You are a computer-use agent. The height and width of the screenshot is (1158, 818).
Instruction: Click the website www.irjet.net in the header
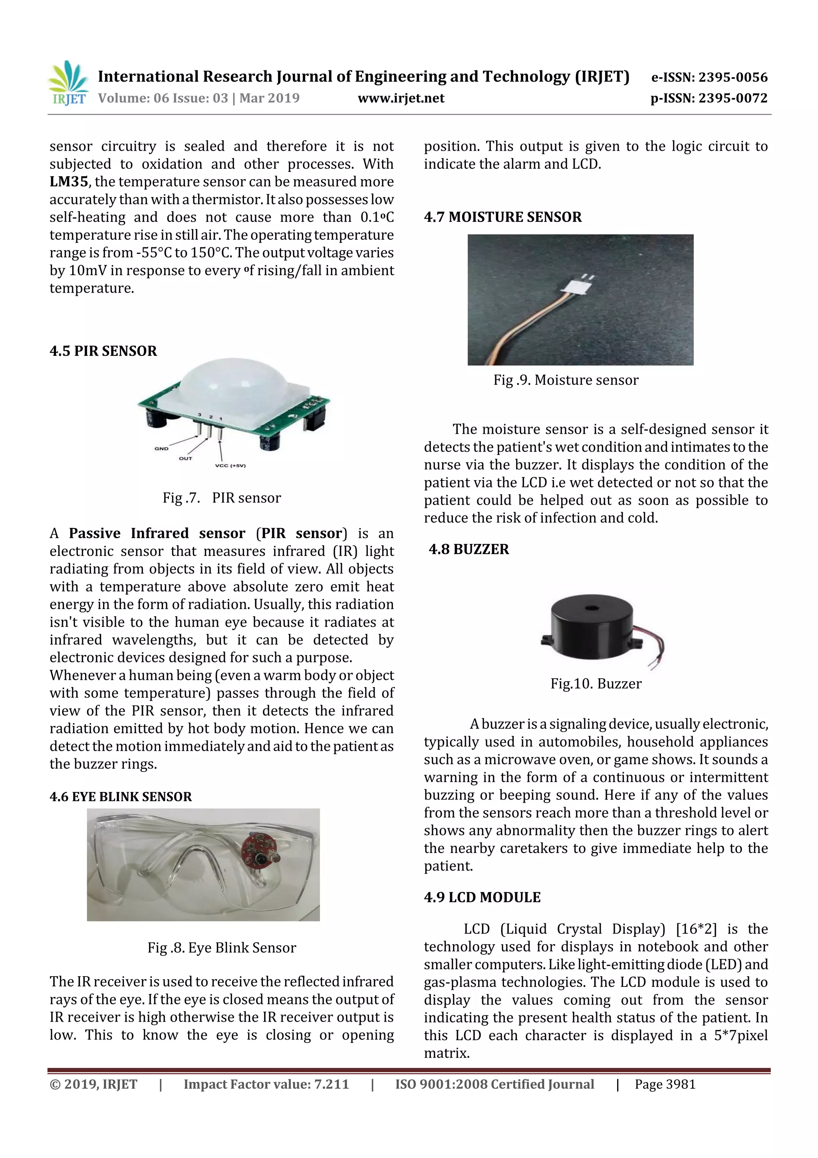tap(401, 98)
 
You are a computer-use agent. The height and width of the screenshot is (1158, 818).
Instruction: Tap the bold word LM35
tap(69, 181)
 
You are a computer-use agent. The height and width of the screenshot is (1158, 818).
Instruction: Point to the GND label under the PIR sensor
tap(161, 448)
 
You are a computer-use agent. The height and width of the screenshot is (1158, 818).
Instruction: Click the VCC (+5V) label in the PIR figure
tap(230, 466)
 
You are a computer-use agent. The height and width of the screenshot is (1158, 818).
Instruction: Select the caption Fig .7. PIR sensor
tap(221, 498)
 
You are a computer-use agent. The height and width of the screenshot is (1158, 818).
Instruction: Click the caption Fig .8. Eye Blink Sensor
tap(221, 948)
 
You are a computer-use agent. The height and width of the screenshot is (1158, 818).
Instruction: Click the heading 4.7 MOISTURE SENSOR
tap(502, 217)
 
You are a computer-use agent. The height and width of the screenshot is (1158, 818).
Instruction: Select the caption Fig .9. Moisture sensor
tap(566, 380)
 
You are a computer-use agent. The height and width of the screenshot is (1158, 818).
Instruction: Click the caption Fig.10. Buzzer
tap(596, 684)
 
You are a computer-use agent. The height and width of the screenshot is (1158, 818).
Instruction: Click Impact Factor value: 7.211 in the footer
tap(266, 1084)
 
